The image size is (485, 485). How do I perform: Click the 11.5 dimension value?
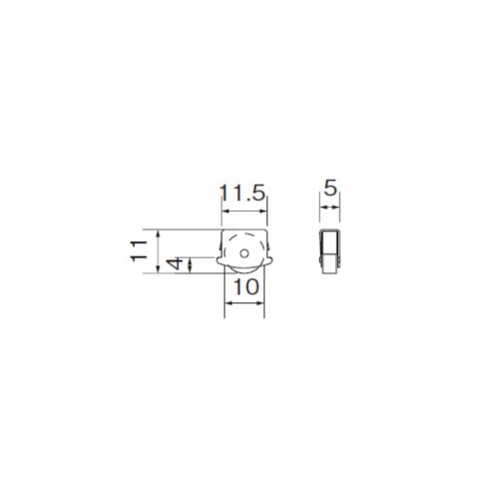[x=243, y=193]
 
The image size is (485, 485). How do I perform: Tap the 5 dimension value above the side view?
[x=330, y=189]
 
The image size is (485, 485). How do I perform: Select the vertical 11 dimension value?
[x=139, y=251]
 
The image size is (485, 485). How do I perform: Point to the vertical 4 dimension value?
[x=175, y=264]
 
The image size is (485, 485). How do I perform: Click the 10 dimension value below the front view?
[x=246, y=287]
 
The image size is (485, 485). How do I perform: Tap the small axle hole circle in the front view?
[x=245, y=254]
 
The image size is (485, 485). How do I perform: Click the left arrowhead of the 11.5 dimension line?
[x=225, y=211]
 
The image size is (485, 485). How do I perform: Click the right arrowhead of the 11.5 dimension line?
[x=263, y=211]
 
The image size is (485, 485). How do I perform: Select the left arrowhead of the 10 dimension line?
[x=228, y=303]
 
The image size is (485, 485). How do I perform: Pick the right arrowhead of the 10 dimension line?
[x=260, y=303]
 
